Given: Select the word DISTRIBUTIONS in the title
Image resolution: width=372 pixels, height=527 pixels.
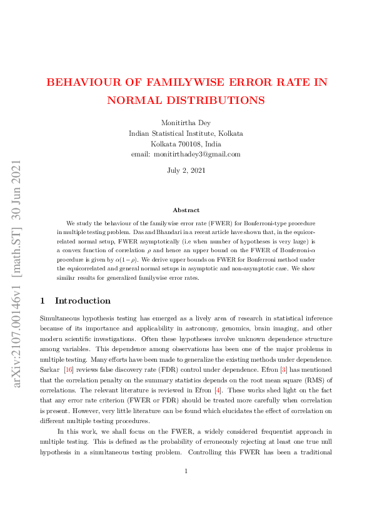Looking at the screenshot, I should pos(211,100).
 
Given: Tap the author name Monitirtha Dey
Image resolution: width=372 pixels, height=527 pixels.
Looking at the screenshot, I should pos(186,123).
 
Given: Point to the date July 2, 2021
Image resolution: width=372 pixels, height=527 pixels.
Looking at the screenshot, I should pos(186,170).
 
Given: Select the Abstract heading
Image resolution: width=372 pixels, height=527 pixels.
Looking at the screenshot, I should pos(186,210).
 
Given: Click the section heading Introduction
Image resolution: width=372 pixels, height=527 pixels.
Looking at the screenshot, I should pos(83,301).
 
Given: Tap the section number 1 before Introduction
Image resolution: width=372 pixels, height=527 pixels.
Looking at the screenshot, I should pos(42,301).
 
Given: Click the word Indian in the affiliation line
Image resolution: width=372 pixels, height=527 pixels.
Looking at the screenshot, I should pos(141,133).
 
